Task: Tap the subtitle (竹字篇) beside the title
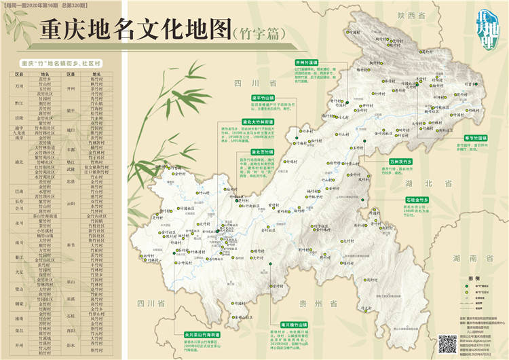click(257, 33)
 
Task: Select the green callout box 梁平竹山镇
click(258, 98)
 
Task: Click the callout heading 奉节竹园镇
click(469, 138)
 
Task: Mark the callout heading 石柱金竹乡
click(401, 200)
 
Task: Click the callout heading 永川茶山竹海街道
click(202, 335)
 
